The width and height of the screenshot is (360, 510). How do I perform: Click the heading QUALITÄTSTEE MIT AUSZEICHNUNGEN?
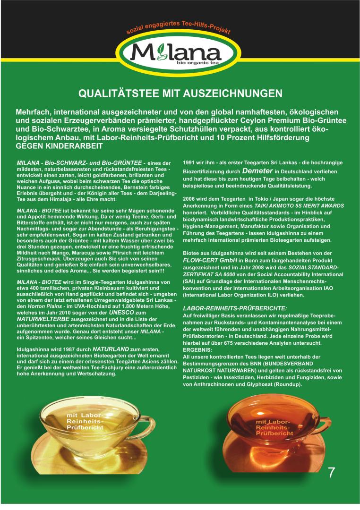coord(180,93)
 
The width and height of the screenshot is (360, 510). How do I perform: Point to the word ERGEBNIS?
coord(197,350)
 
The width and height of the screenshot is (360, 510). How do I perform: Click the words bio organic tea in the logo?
coord(195,63)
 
